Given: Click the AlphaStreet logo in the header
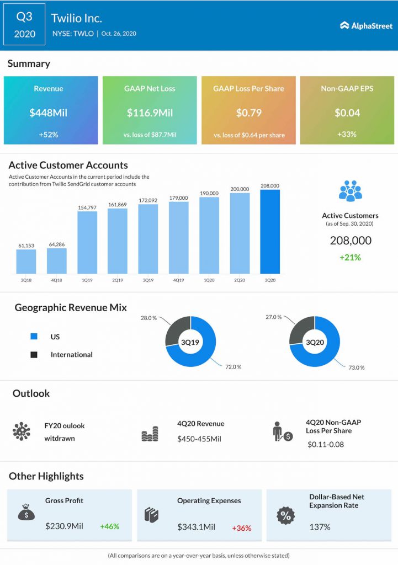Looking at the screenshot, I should [365, 25].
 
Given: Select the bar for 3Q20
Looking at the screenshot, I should [270, 232].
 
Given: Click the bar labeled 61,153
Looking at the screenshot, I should [26, 262].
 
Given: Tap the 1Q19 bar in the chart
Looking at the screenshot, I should [87, 243].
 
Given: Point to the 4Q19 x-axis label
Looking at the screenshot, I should [178, 280].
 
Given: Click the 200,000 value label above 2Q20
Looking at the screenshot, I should [240, 188].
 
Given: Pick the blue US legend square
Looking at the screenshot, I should [34, 337].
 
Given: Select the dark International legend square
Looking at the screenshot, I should [34, 355].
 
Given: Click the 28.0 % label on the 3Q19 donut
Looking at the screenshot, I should [149, 318].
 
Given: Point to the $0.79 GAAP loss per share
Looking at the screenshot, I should [248, 113].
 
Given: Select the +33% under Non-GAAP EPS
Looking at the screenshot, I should [347, 134].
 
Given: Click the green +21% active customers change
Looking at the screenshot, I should [350, 258].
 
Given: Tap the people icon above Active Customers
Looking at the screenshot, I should [350, 190].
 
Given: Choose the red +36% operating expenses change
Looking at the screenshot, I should [241, 528].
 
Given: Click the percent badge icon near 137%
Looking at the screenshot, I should [285, 516].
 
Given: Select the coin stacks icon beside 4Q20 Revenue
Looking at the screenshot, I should [150, 434].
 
